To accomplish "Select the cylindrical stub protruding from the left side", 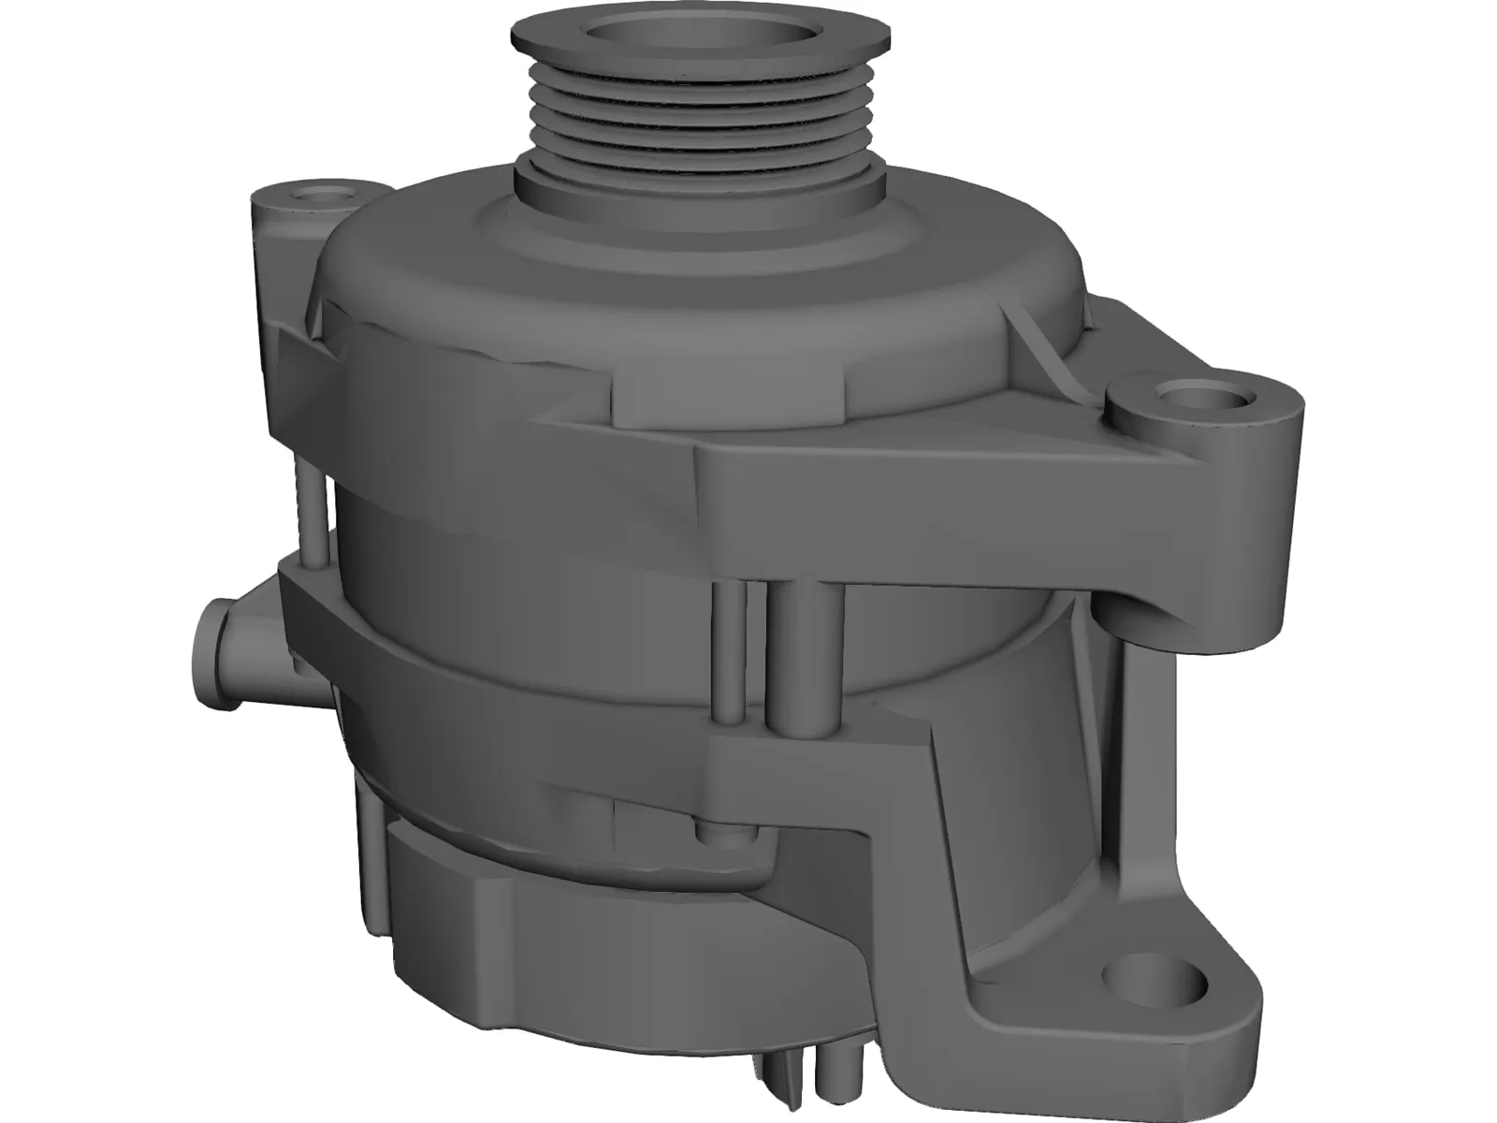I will coord(217,646).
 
